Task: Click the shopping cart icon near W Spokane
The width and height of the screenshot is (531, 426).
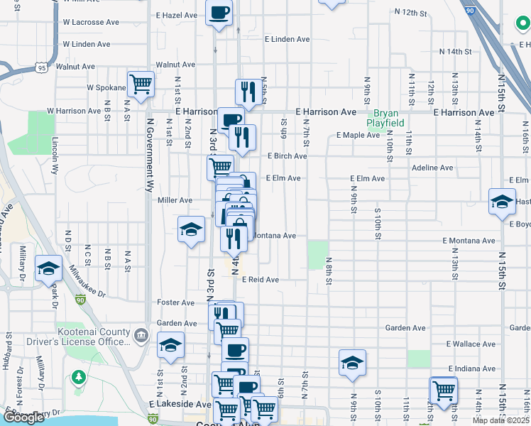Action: [x=141, y=84]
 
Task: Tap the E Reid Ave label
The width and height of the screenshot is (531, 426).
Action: [x=260, y=280]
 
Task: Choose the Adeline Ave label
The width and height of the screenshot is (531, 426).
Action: [x=432, y=168]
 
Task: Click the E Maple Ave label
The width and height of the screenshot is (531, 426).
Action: [x=359, y=135]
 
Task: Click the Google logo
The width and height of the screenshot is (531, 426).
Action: [x=23, y=417]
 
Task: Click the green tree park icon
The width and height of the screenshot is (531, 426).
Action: [x=78, y=376]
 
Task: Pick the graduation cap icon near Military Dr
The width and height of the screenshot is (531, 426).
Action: [x=48, y=268]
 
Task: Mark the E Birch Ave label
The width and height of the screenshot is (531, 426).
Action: [x=287, y=156]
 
